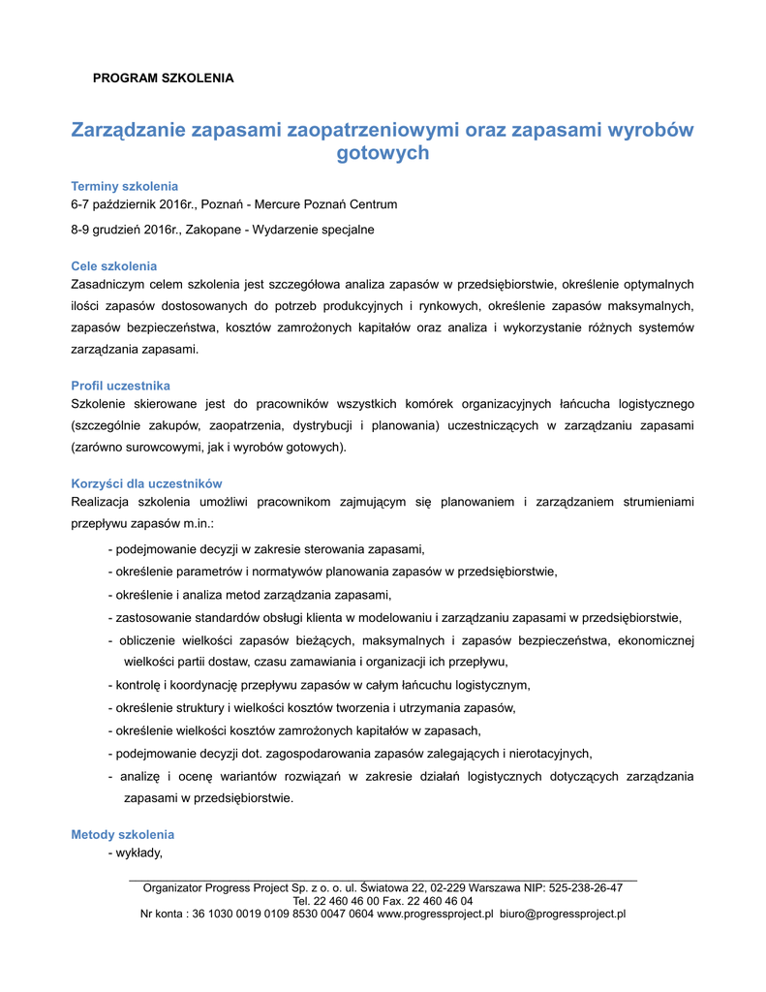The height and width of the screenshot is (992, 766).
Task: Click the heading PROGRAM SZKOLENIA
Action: click(163, 77)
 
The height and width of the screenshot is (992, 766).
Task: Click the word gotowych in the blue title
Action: click(383, 153)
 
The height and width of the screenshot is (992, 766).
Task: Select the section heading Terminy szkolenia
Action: click(125, 186)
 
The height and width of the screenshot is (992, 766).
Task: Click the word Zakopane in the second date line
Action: click(224, 230)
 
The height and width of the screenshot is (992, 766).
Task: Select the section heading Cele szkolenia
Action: click(114, 265)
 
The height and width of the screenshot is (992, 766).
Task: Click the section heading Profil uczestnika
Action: click(121, 386)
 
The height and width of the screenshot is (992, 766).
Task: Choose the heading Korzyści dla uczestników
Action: click(147, 483)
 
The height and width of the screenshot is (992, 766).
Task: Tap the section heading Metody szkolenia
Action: click(123, 834)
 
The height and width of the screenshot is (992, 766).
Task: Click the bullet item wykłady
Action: click(138, 853)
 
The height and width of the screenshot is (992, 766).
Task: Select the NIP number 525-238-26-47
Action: click(585, 887)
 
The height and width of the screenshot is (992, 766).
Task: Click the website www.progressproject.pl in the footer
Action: click(435, 914)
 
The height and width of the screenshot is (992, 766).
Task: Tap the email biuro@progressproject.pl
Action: click(563, 914)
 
